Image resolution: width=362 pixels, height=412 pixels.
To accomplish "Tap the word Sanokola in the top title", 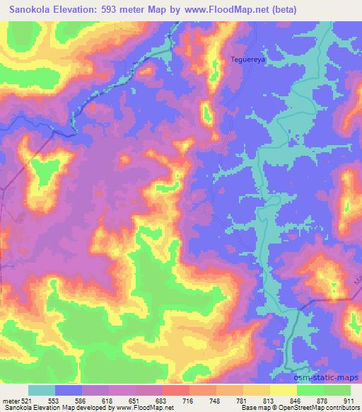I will pos(33,9).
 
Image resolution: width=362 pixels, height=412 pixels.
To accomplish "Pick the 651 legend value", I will pos(123,400).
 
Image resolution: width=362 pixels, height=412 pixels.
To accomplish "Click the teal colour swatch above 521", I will pos(41,390).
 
